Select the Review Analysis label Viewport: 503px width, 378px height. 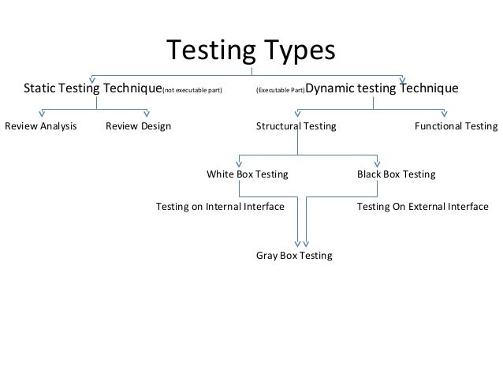(x=41, y=126)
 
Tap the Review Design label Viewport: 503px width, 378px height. (x=138, y=126)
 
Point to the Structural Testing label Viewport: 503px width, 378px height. (x=296, y=126)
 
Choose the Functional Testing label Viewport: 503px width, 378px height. (x=456, y=126)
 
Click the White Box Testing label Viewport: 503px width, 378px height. (x=247, y=174)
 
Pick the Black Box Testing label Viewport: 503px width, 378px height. (x=396, y=174)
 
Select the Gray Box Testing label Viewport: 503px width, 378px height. (x=294, y=256)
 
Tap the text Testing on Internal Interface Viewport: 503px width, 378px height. (x=220, y=207)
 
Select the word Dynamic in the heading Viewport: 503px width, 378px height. (x=330, y=88)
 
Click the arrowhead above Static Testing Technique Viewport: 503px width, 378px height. (x=93, y=78)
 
